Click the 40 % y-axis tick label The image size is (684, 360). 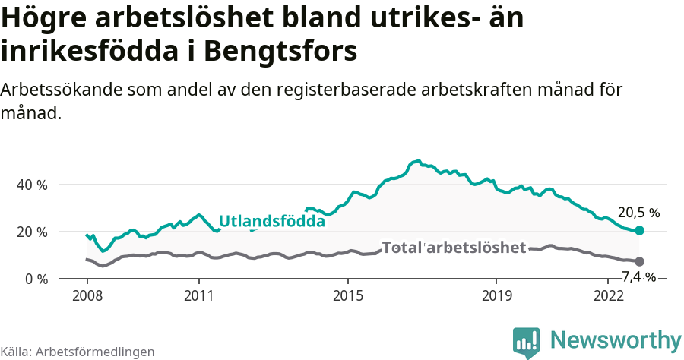(32, 185)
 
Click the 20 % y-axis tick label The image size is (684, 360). (32, 232)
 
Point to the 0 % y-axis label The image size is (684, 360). (36, 279)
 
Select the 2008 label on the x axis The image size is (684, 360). (87, 295)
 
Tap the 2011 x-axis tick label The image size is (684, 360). (198, 295)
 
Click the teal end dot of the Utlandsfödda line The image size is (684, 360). (639, 230)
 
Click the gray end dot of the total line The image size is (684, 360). (639, 261)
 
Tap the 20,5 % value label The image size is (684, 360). (638, 213)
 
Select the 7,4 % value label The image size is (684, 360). (638, 276)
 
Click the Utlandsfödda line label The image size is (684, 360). (271, 222)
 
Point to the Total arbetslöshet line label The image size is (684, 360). (454, 248)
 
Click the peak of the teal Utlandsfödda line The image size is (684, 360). (418, 160)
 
